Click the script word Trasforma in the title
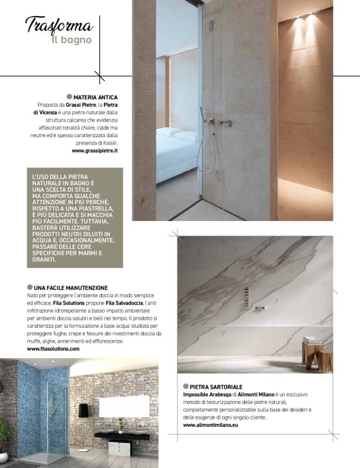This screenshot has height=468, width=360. click(58, 25)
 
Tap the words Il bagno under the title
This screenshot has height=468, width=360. click(71, 40)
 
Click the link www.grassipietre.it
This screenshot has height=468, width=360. click(94, 151)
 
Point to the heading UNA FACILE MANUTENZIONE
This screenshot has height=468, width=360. click(71, 287)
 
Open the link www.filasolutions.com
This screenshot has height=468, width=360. click(53, 349)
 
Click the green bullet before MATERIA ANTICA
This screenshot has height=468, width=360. click(69, 97)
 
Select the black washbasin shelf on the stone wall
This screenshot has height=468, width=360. click(122, 434)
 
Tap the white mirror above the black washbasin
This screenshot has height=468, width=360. click(124, 407)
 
